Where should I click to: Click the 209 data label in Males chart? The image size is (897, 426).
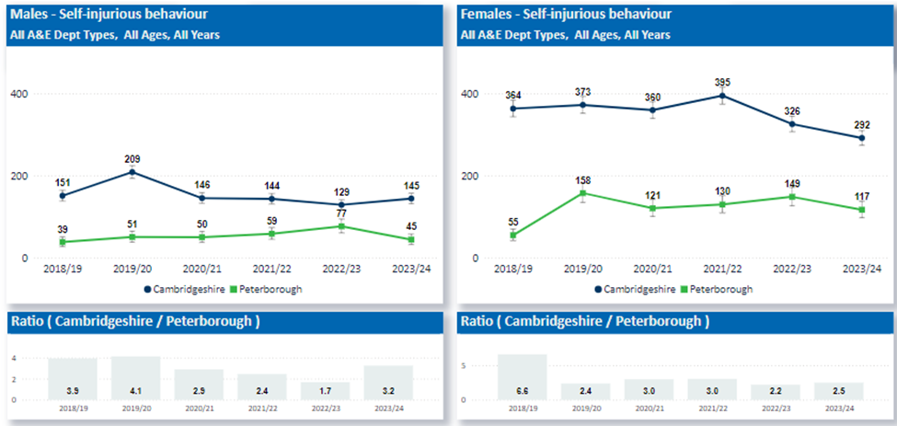(132, 159)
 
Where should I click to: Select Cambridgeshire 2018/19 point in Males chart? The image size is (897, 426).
(62, 195)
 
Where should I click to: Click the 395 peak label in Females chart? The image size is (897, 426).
(722, 83)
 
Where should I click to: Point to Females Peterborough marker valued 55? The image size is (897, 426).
(513, 236)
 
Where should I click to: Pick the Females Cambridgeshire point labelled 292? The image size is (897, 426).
(861, 138)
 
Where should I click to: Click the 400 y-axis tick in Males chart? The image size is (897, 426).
(19, 94)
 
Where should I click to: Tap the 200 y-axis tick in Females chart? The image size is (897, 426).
(470, 176)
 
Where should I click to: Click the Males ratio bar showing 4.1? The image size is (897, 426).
(135, 378)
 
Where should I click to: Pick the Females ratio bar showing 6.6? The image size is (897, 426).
(522, 377)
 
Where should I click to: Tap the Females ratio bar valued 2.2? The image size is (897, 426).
(776, 392)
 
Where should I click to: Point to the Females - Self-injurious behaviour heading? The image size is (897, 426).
(566, 16)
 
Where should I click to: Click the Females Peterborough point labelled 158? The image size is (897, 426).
(583, 193)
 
